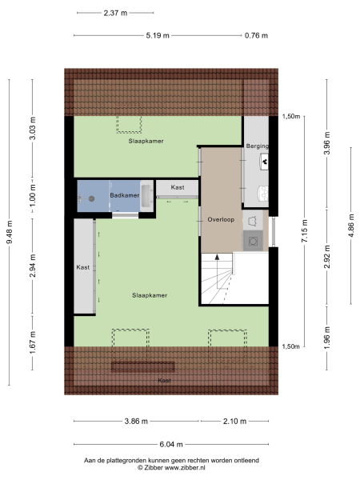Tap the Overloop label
[x=219, y=218]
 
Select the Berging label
[x=257, y=146]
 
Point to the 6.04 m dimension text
[x=170, y=444]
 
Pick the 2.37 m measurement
[x=115, y=13]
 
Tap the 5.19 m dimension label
[x=158, y=35]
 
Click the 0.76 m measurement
[x=256, y=35]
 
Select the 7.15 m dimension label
[x=305, y=231]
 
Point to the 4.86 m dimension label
[x=349, y=226]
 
